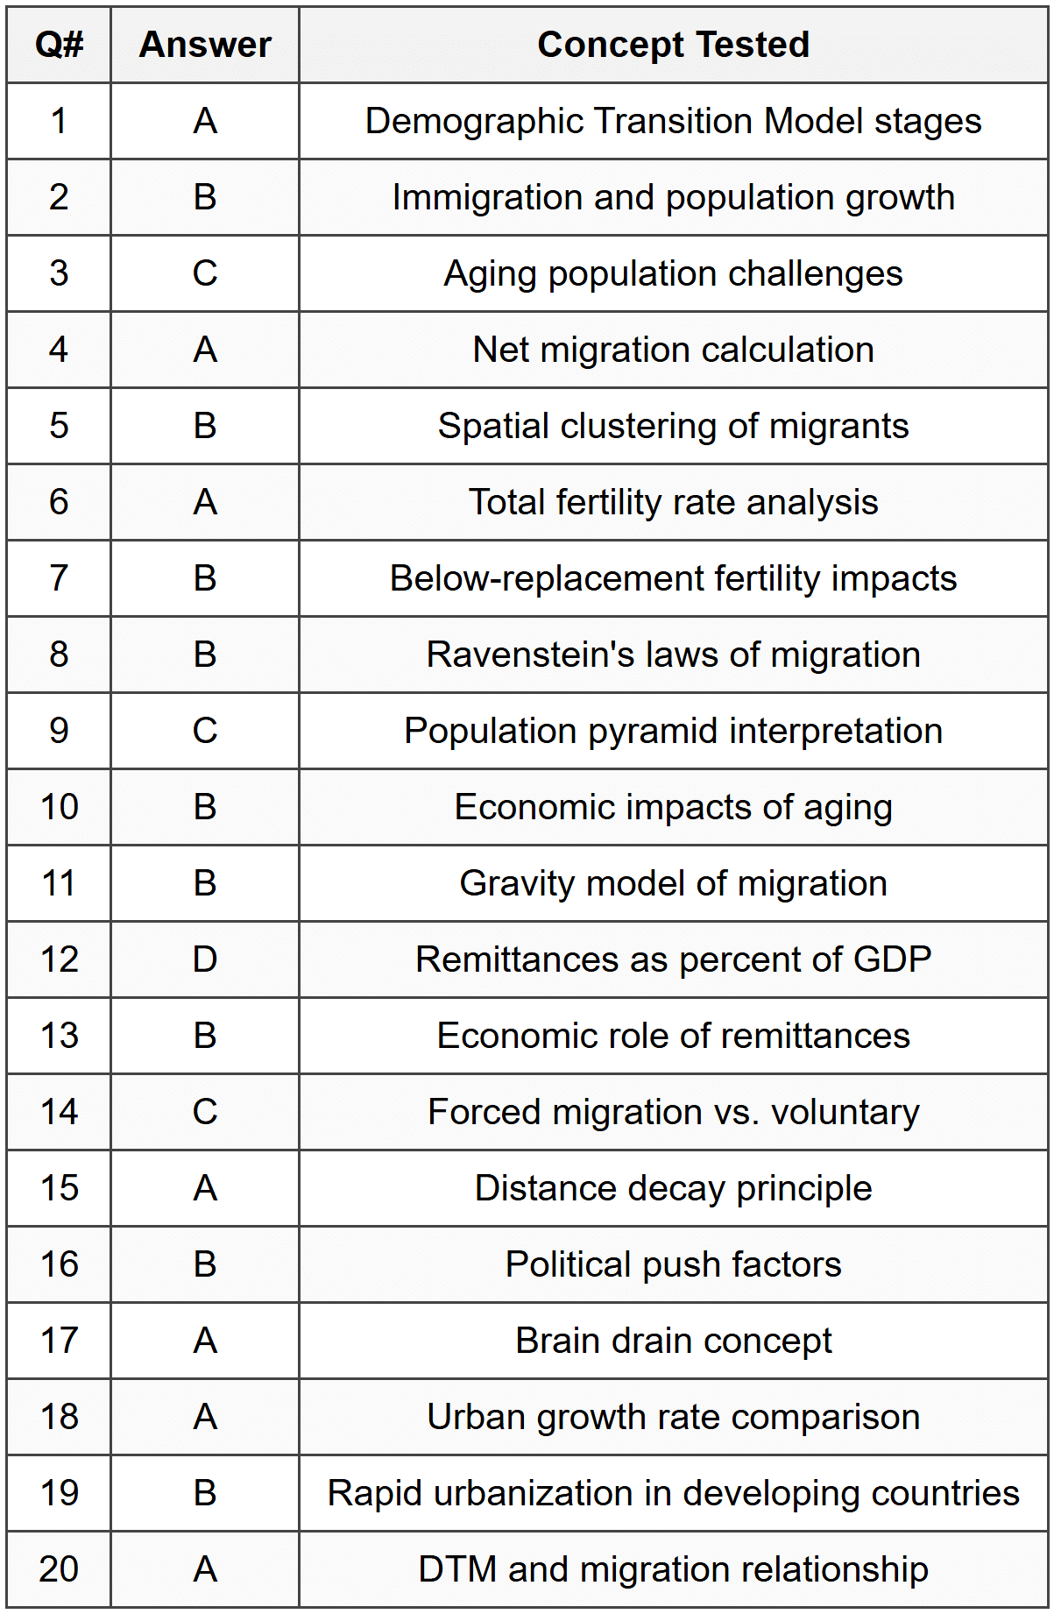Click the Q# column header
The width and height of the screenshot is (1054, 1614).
[59, 45]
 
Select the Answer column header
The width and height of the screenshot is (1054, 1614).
[205, 45]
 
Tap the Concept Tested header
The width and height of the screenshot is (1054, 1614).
[673, 45]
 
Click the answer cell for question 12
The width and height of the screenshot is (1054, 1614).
[205, 959]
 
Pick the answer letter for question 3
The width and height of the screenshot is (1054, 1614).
[205, 273]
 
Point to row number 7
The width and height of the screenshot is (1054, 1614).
[59, 578]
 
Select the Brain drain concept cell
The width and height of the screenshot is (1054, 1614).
[673, 1341]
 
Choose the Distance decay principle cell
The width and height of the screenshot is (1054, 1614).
[673, 1188]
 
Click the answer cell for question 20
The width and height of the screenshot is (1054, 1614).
[205, 1569]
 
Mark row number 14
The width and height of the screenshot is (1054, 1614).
[59, 1112]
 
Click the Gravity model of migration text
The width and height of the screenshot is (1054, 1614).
[673, 883]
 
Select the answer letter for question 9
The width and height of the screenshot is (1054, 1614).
[205, 731]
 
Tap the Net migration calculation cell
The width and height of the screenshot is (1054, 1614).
[673, 350]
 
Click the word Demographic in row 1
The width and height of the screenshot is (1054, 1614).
[473, 121]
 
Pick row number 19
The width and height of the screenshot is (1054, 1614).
[59, 1493]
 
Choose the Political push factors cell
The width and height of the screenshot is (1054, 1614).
[673, 1264]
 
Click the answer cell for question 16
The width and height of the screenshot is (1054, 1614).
[205, 1264]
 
